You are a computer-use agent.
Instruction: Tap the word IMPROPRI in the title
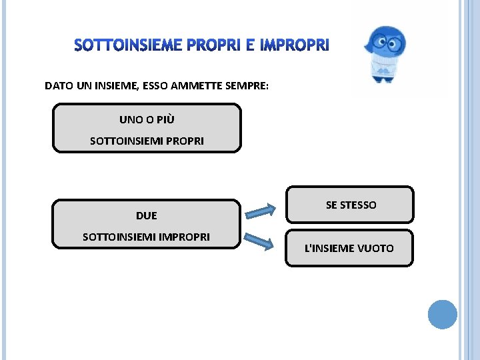pyautogui.click(x=294, y=45)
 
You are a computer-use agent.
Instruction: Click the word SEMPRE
pyautogui.click(x=246, y=86)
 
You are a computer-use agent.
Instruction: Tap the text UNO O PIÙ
pyautogui.click(x=147, y=120)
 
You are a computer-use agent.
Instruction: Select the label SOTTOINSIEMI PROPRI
pyautogui.click(x=147, y=141)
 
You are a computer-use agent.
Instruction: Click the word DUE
pyautogui.click(x=147, y=216)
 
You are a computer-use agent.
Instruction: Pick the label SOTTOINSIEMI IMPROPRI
pyautogui.click(x=146, y=237)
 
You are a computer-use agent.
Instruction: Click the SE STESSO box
pyautogui.click(x=350, y=205)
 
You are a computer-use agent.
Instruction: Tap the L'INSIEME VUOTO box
pyautogui.click(x=349, y=249)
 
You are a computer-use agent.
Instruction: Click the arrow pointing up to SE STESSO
pyautogui.click(x=260, y=210)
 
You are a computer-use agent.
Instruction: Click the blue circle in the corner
pyautogui.click(x=442, y=314)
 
